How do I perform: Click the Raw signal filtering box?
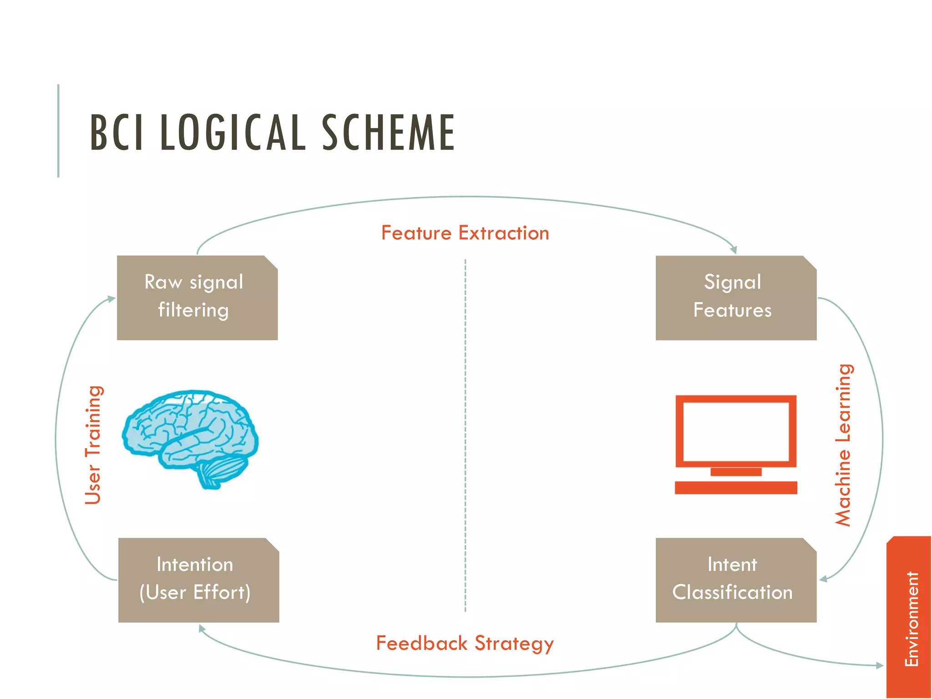tap(197, 298)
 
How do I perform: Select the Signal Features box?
tap(735, 298)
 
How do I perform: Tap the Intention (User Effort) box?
tap(198, 580)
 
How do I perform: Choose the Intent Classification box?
tap(735, 580)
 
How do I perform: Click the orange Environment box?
tap(909, 619)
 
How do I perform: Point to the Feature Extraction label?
tap(465, 233)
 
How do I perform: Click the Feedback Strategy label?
tap(465, 643)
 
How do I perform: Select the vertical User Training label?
tap(94, 445)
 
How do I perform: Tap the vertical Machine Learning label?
tap(844, 445)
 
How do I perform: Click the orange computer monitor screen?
tap(736, 431)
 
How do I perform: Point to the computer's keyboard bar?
tap(736, 488)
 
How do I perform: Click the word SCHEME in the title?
tap(388, 132)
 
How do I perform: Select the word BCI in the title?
tap(117, 132)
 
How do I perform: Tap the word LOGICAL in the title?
tap(233, 132)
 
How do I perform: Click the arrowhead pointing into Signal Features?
tap(733, 250)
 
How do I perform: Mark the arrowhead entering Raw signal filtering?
tap(111, 299)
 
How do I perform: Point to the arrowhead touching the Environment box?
tap(880, 665)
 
